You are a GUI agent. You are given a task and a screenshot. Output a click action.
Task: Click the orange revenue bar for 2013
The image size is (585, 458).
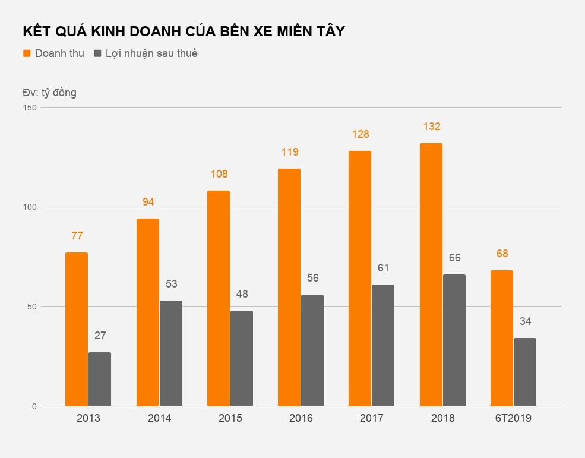77,330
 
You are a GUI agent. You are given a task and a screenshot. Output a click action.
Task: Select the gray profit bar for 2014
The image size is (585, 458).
171,353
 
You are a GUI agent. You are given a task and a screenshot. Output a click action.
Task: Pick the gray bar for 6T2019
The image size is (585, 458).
525,372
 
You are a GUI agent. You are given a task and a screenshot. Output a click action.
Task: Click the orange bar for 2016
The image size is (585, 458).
289,288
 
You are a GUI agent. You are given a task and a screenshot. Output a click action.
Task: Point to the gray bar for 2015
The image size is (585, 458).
242,358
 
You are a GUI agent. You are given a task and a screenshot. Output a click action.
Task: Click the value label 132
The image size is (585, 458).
432,127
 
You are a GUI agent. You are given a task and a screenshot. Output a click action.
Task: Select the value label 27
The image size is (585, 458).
100,336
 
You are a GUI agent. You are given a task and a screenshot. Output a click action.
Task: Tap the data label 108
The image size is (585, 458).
219,174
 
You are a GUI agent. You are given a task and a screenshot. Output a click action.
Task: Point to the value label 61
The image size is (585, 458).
383,268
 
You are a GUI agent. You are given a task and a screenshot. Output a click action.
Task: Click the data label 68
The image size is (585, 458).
502,254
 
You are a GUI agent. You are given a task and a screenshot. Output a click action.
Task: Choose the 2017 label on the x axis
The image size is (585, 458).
372,418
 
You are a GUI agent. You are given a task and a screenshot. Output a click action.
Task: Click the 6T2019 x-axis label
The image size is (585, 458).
514,418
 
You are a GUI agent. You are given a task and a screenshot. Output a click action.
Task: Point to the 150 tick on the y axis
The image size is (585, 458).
30,108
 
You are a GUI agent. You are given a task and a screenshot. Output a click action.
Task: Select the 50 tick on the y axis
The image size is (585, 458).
33,307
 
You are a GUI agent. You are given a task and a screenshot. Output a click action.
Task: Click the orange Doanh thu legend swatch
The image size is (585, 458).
27,53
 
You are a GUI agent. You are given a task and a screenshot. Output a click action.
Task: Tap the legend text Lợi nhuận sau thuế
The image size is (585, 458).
151,53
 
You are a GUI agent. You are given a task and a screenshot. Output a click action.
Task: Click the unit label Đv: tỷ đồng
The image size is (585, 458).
49,93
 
